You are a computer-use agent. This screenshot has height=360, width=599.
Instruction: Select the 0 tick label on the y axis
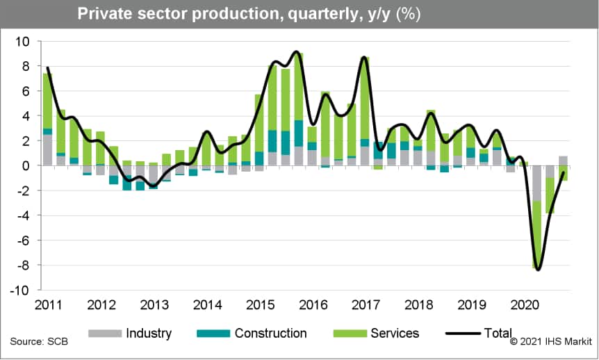pyautogui.click(x=26, y=166)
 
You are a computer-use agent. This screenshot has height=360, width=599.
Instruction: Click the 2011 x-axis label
pyautogui.click(x=48, y=304)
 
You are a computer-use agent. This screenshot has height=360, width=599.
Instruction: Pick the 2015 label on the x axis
pyautogui.click(x=261, y=304)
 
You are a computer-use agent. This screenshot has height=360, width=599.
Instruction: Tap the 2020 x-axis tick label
pyautogui.click(x=526, y=304)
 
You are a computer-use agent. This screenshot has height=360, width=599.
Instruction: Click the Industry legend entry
pyautogui.click(x=149, y=334)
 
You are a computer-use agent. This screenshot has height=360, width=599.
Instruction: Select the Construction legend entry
pyautogui.click(x=270, y=334)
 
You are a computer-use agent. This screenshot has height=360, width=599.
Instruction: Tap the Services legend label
pyautogui.click(x=395, y=334)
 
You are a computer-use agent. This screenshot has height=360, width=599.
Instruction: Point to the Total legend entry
pyautogui.click(x=498, y=334)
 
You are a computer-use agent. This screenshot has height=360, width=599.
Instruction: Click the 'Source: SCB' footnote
pyautogui.click(x=34, y=342)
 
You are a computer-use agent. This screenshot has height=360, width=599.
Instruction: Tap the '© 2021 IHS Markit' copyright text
pyautogui.click(x=550, y=342)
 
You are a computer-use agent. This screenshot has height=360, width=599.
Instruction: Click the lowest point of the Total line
pyautogui.click(x=538, y=270)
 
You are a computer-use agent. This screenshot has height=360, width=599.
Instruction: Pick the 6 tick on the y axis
pyautogui.click(x=26, y=92)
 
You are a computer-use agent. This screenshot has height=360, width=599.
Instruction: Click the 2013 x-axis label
pyautogui.click(x=154, y=304)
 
